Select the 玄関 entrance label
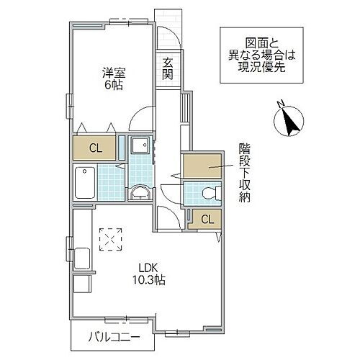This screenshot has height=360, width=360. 168,68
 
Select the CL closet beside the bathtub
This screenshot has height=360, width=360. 95,149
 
